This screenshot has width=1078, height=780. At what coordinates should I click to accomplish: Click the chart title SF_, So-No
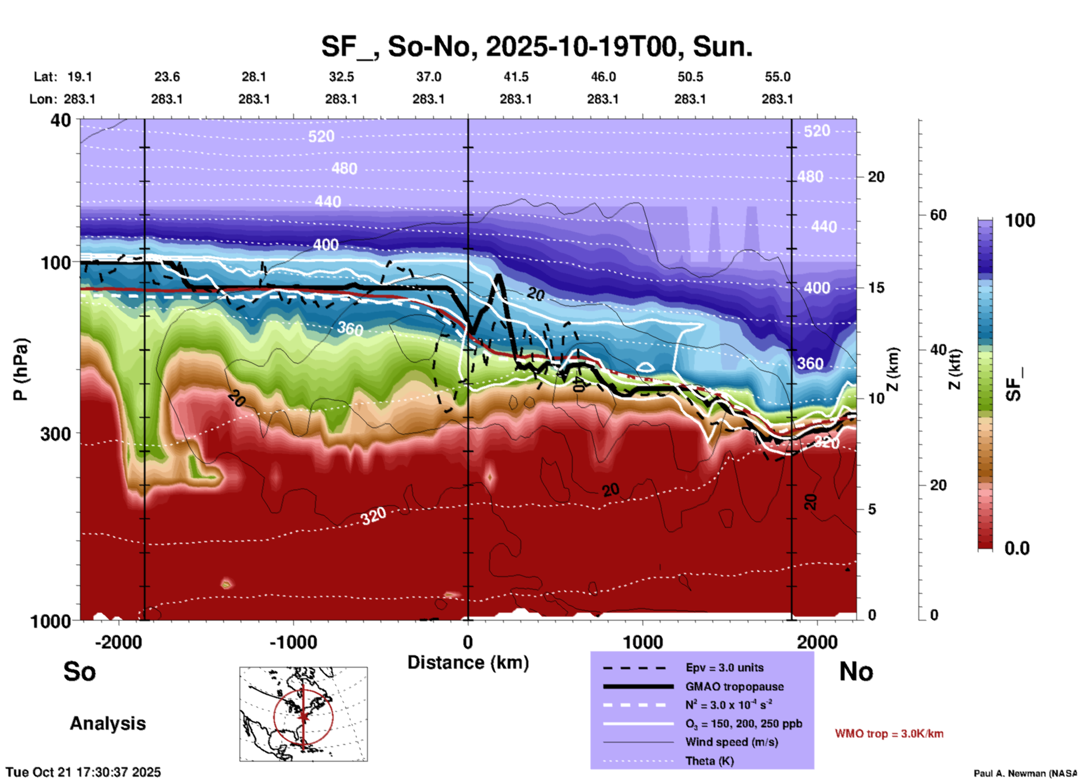tap(536, 46)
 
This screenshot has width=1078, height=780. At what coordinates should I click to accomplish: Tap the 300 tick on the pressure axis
tap(55, 434)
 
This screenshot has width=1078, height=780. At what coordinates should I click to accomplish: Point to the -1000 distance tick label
tap(293, 642)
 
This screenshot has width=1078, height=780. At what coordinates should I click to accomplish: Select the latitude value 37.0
tap(428, 77)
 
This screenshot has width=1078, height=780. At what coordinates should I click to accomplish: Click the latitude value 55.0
tap(777, 77)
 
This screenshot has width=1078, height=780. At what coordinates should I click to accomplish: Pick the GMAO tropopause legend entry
tap(734, 687)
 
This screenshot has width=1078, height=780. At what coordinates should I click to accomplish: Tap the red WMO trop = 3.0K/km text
tap(889, 734)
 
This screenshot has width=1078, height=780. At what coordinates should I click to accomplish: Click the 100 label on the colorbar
tap(1020, 220)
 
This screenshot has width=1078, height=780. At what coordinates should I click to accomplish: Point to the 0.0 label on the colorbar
tap(1017, 548)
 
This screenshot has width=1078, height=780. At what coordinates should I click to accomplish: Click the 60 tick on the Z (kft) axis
tap(938, 215)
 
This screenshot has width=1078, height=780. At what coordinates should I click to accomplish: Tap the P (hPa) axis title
tap(21, 369)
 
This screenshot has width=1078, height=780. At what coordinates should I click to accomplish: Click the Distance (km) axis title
tap(468, 662)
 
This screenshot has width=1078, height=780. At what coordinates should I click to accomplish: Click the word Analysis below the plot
tap(107, 723)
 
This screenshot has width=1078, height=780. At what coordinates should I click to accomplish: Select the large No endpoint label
tap(856, 671)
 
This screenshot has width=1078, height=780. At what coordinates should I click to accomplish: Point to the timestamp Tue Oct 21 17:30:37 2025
tap(83, 772)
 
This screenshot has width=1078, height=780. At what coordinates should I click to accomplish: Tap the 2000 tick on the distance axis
tap(817, 642)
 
